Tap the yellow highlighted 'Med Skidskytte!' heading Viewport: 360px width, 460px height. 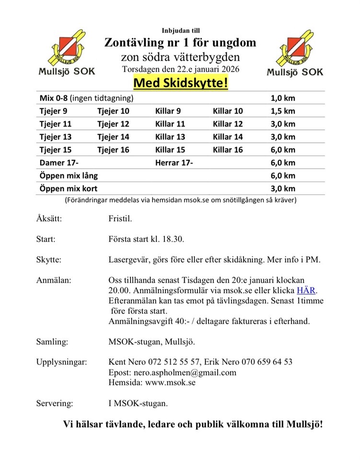coord(180,83)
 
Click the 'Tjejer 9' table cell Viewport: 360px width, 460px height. coord(53,111)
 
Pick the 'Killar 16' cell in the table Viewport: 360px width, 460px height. coord(228,149)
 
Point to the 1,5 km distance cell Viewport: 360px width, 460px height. coord(283,111)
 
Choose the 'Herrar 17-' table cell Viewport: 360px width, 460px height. coord(174,162)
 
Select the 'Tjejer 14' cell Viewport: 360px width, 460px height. coord(113,137)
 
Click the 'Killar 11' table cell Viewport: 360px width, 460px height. coord(170,124)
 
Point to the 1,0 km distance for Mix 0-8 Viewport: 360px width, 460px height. coord(283,98)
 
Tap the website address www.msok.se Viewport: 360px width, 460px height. coord(170,382)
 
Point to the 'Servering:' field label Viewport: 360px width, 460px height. coord(55,403)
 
